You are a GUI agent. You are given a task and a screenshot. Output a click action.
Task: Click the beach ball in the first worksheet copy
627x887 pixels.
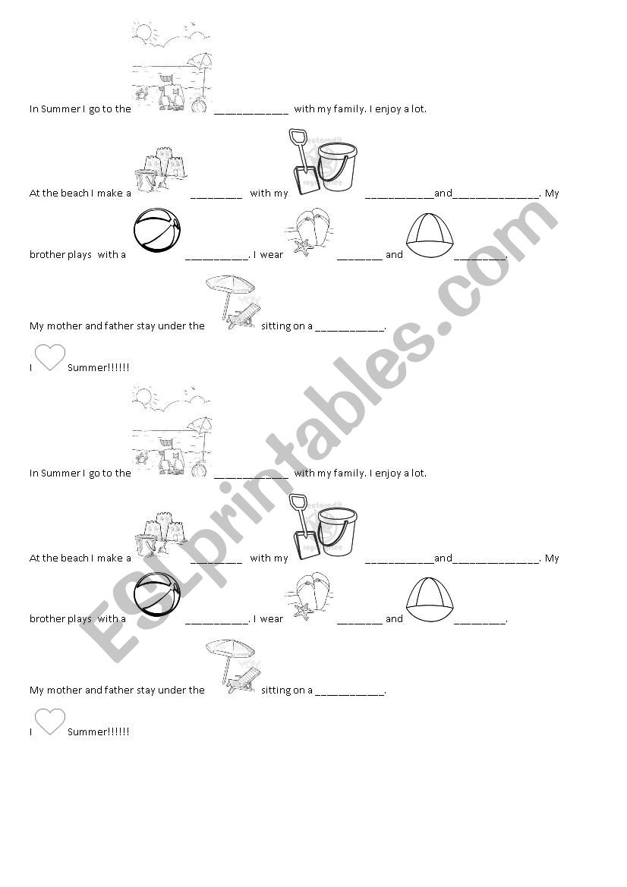[x=158, y=230]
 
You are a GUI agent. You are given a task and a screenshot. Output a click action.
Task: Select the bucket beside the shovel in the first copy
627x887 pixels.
[x=337, y=168]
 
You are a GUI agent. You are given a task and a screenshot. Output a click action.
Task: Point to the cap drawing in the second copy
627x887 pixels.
[x=430, y=600]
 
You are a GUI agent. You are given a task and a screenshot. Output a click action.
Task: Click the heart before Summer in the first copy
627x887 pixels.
[x=50, y=357]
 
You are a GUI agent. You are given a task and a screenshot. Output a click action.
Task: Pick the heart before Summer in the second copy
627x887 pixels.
[x=50, y=722]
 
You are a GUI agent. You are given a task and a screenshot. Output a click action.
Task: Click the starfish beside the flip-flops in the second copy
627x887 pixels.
[x=303, y=611]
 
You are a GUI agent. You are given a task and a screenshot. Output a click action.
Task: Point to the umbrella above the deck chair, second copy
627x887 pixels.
[x=229, y=650]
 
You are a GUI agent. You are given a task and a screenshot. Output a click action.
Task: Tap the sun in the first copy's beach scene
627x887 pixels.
[x=142, y=31]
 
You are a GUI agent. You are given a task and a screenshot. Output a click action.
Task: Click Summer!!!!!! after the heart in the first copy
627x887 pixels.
[x=99, y=368]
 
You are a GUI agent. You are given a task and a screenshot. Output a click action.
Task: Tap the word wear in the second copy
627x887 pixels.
[x=272, y=619]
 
